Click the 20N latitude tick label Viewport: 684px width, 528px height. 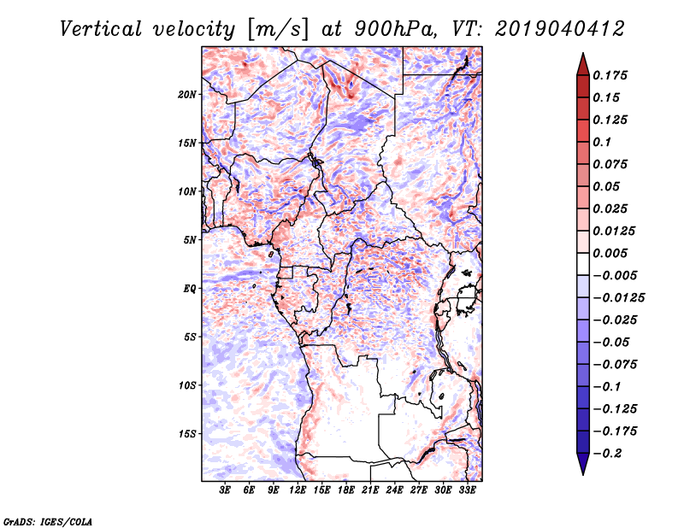click(187, 94)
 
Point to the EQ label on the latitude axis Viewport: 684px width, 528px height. click(190, 289)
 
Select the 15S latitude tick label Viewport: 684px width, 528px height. click(187, 434)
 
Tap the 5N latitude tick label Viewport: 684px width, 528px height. click(190, 240)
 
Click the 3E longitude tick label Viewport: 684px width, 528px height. click(226, 491)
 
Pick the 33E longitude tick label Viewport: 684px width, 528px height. click(468, 491)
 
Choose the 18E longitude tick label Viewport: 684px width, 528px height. click(346, 491)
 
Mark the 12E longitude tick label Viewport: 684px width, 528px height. click(298, 491)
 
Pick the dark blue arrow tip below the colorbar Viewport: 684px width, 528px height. click(582, 467)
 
